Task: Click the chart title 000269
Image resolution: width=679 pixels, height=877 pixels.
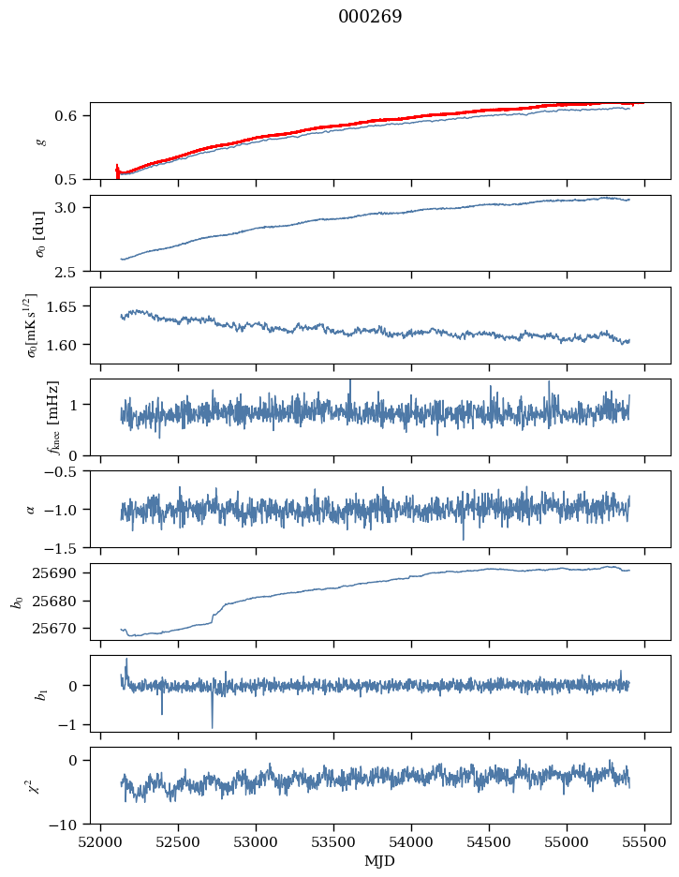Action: (x=370, y=17)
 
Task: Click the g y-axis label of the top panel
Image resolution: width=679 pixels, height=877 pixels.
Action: (x=39, y=141)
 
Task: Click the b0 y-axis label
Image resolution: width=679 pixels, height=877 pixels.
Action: (x=16, y=602)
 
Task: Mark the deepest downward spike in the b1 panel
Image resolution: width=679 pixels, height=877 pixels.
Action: (x=212, y=727)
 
